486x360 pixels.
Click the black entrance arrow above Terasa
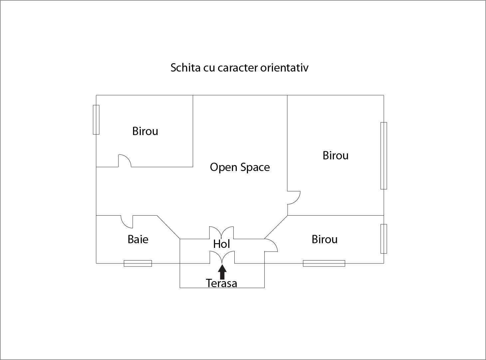(222, 272)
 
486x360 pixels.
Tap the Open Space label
(240, 167)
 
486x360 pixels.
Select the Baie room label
(138, 239)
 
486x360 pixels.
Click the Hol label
(221, 244)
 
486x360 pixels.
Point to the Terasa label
(221, 283)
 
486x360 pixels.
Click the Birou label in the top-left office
(145, 131)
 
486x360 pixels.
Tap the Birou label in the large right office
(336, 155)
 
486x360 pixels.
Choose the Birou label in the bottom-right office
(325, 239)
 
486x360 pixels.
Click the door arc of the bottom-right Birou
(271, 245)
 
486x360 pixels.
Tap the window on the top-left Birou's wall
(96, 120)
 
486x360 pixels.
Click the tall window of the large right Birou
(384, 156)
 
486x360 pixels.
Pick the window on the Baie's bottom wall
(138, 263)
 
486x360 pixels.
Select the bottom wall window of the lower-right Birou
(324, 263)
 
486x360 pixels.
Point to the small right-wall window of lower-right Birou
(384, 239)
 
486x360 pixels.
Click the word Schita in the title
(185, 68)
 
